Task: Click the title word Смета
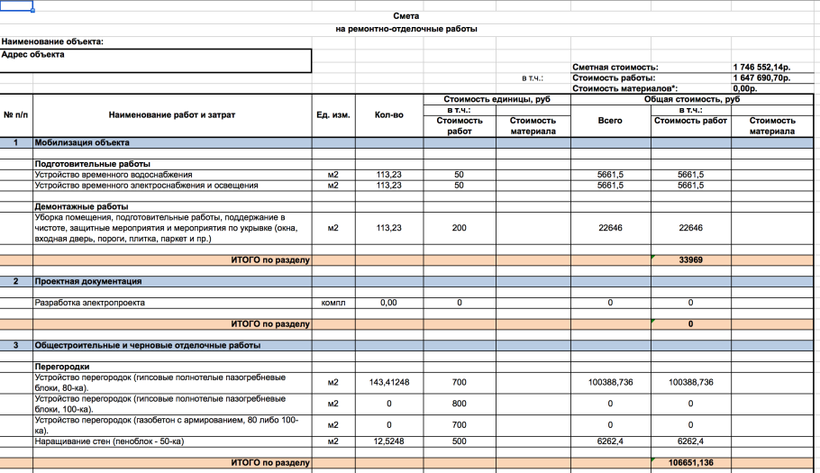coord(406,16)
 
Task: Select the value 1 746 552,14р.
coord(762,68)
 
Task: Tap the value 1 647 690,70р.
coord(762,78)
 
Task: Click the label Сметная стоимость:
coord(615,68)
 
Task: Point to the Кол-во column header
coord(389,115)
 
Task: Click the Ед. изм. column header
coord(333,115)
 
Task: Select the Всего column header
coord(610,121)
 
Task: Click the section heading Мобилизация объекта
coord(82,143)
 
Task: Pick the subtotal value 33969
coord(690,260)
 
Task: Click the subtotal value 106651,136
coord(690,463)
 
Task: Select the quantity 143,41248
coord(389,382)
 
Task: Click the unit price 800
coord(460,403)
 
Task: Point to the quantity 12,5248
coord(389,441)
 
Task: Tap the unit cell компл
coord(333,303)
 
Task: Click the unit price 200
coord(460,228)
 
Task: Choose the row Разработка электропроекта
coord(89,303)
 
